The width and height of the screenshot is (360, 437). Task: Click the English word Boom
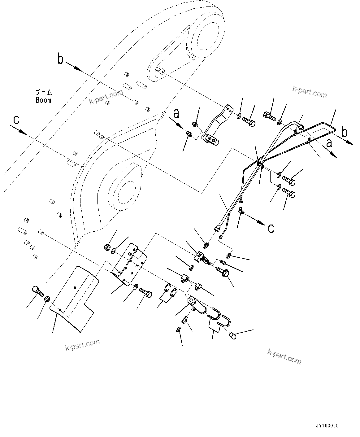point(43,100)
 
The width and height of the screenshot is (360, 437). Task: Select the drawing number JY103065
point(327,426)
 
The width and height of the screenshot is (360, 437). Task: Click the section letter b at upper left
point(61,59)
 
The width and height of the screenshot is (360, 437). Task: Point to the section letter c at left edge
point(16,120)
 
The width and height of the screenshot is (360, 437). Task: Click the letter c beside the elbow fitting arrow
point(271,228)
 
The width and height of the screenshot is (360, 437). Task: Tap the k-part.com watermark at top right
point(310,92)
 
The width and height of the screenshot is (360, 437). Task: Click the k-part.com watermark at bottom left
point(82,345)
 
